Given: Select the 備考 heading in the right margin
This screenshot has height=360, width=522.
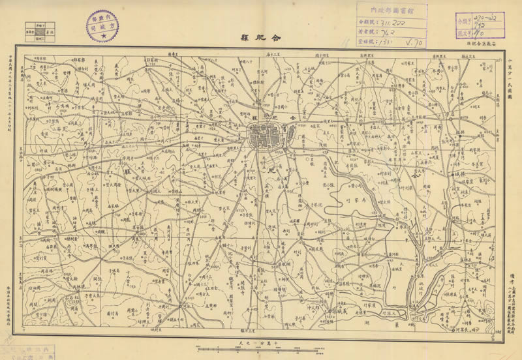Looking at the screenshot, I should click(511, 262).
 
